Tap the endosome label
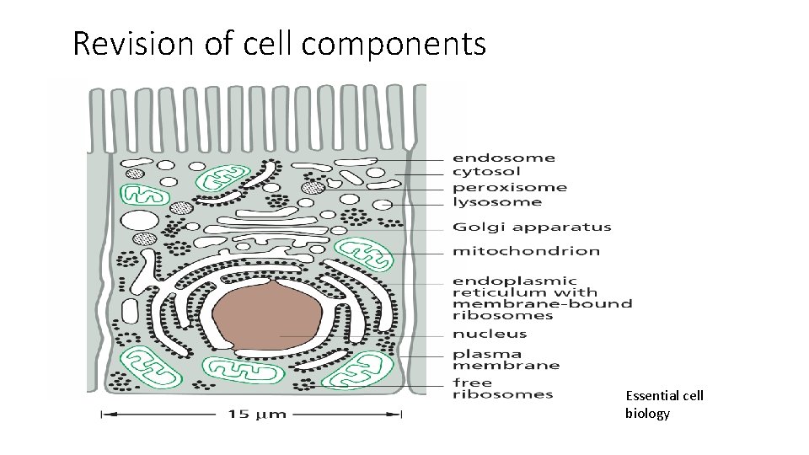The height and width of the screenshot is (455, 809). click(x=504, y=158)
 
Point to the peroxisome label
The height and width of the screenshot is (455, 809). click(x=510, y=187)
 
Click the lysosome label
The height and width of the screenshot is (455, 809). click(x=497, y=202)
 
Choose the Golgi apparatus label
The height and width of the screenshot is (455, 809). click(x=532, y=227)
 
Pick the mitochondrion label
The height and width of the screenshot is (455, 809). click(x=526, y=250)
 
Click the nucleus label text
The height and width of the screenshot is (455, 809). click(x=490, y=335)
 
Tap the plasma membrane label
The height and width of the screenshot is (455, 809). click(x=506, y=360)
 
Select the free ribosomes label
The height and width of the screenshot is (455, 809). click(x=502, y=388)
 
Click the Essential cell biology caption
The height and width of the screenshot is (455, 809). click(x=664, y=404)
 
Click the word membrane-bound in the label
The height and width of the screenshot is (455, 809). click(x=542, y=303)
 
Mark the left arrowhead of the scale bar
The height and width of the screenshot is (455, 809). click(x=104, y=414)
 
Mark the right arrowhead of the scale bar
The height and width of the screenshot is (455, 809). click(x=399, y=414)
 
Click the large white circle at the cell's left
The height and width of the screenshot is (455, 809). click(x=139, y=223)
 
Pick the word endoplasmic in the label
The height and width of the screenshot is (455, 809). click(x=515, y=281)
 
